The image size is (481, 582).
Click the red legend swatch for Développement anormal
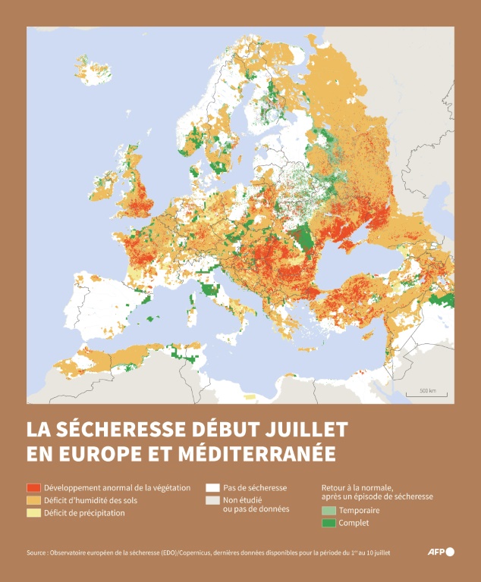click(x=33, y=487)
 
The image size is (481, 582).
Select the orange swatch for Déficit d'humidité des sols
click(x=33, y=500)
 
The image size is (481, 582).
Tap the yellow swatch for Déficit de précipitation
click(x=33, y=513)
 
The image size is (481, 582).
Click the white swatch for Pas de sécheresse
click(x=212, y=487)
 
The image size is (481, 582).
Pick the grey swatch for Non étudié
click(x=212, y=500)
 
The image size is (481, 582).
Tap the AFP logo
click(x=444, y=552)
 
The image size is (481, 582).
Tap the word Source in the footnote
click(x=36, y=552)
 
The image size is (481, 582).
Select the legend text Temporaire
click(x=360, y=511)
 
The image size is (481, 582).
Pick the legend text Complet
click(x=354, y=523)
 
